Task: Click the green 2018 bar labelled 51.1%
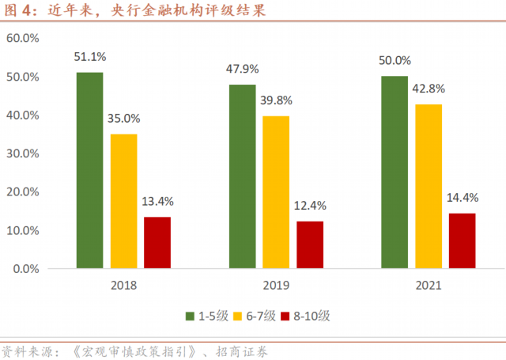point(89,170)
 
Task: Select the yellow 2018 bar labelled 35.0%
point(123,201)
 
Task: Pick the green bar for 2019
point(242,176)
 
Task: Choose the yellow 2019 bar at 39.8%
point(276,192)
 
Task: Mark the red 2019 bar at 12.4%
point(310,244)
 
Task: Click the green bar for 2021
point(395,172)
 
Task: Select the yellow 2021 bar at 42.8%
point(429,187)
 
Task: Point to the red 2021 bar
point(463,241)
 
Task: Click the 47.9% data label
point(243,69)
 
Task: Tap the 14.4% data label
point(463,198)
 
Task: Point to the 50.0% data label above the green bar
point(395,60)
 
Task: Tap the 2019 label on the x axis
point(276,286)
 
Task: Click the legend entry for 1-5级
point(207,316)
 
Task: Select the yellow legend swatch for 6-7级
point(244,316)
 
